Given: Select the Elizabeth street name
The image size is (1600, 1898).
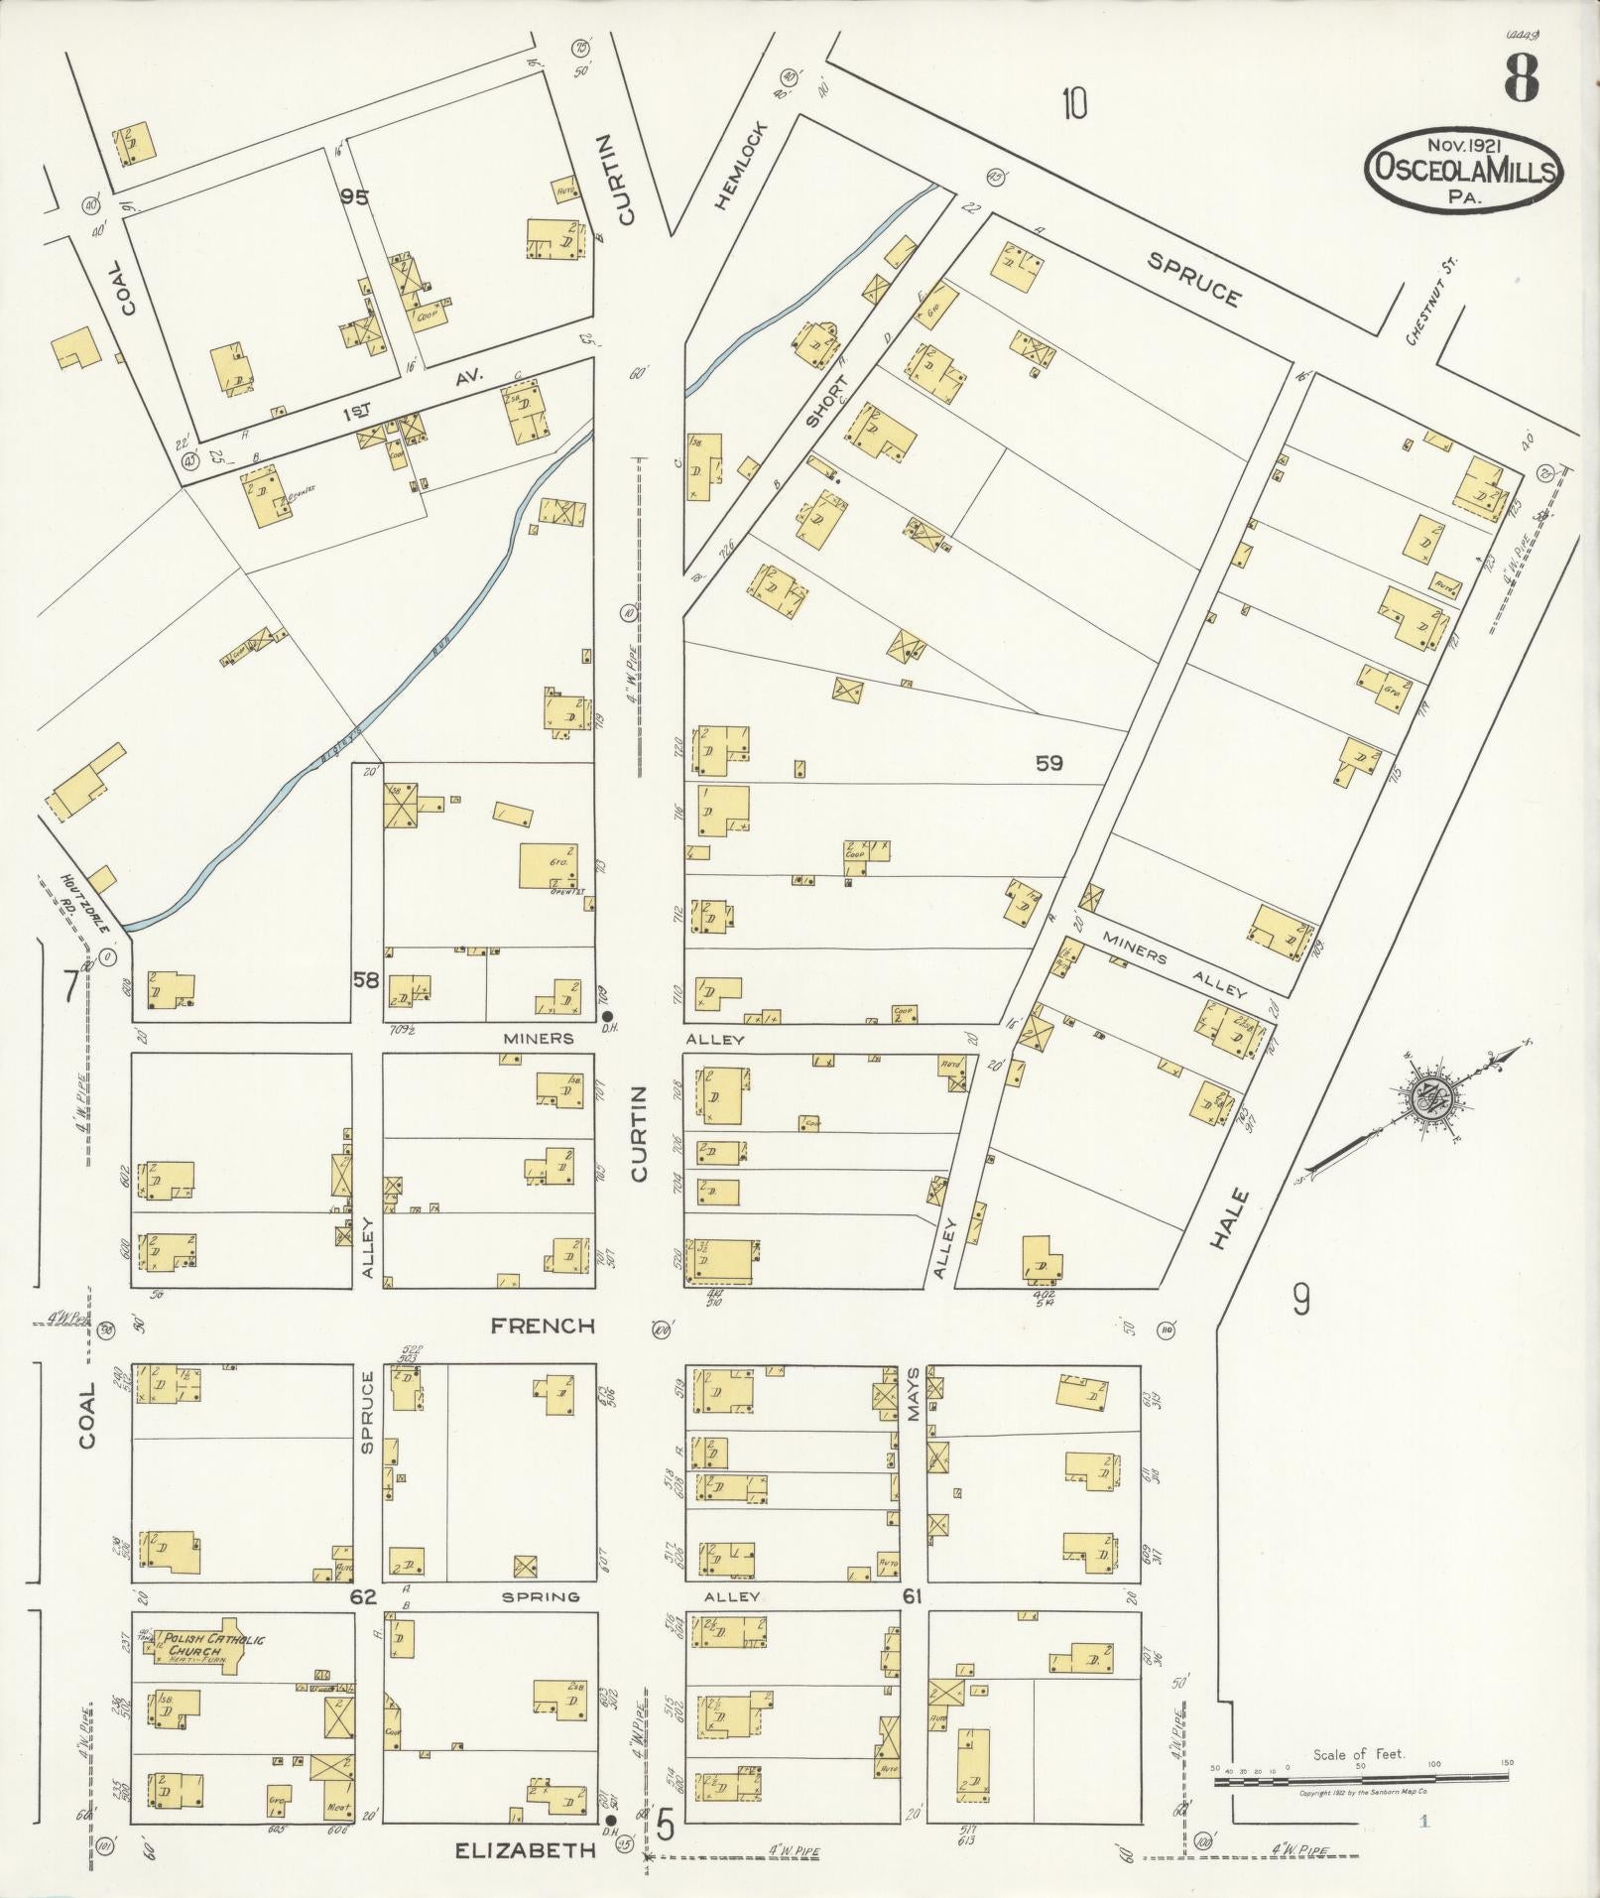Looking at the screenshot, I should click(526, 1849).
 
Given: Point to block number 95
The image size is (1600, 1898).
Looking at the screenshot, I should click(354, 197).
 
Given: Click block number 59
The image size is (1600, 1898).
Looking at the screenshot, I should click(1049, 763).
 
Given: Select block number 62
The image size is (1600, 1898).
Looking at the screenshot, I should click(363, 1597).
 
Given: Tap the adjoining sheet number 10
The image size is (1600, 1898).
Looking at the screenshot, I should click(1074, 103).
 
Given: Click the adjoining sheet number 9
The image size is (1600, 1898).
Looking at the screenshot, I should click(1300, 1298).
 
